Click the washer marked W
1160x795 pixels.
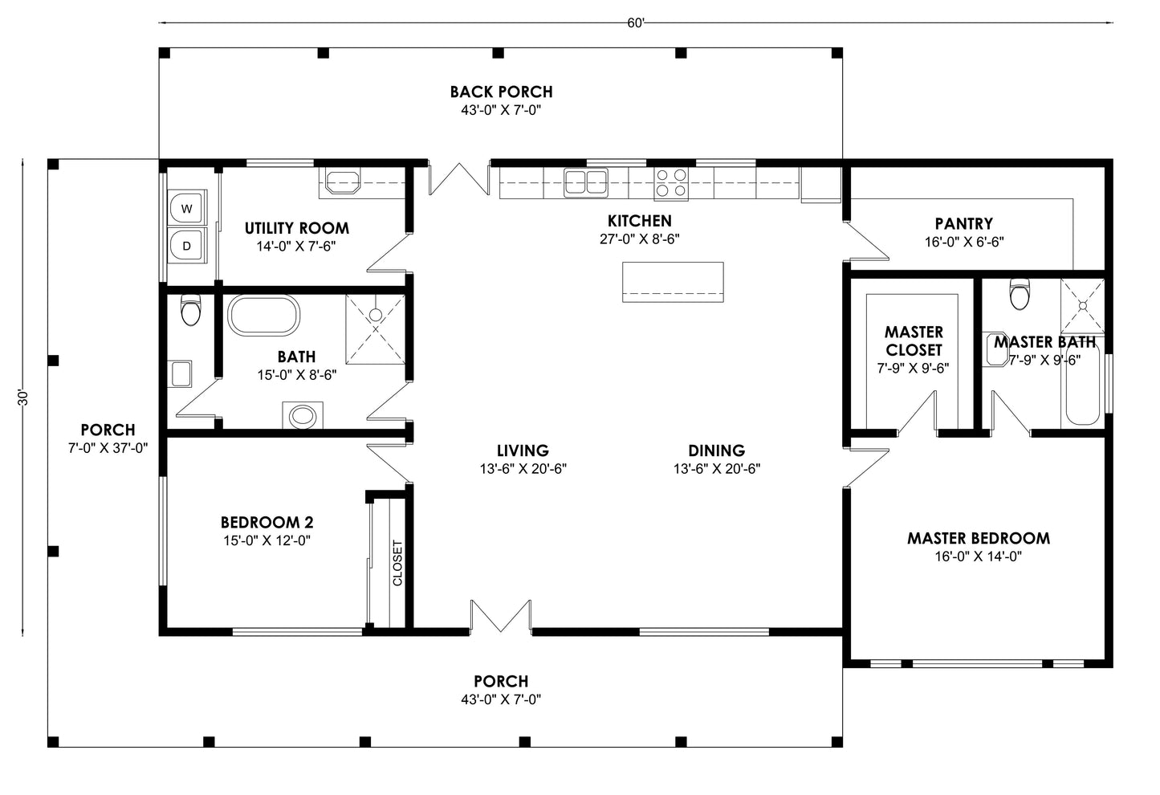[x=187, y=209]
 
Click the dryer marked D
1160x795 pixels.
[x=187, y=247]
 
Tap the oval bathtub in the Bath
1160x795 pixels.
[x=263, y=316]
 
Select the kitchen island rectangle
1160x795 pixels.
[x=673, y=282]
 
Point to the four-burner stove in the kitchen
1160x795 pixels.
[x=671, y=182]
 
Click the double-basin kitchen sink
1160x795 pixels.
[x=585, y=182]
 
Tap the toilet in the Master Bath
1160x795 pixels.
[x=1020, y=295]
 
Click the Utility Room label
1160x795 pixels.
[x=296, y=228]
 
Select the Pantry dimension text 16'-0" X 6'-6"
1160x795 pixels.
[x=963, y=241]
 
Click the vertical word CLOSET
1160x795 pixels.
[x=397, y=562]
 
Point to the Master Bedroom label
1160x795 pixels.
[x=978, y=538]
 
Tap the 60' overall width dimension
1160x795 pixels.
[x=636, y=23]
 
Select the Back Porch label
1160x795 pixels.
[x=501, y=92]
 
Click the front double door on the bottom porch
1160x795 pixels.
[x=501, y=617]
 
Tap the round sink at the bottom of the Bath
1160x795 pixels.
[x=303, y=416]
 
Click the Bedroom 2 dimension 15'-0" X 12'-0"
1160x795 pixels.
[x=267, y=540]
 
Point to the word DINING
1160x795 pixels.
[x=716, y=450]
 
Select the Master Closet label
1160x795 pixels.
[x=914, y=340]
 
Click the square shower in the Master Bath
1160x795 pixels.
[x=1082, y=305]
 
